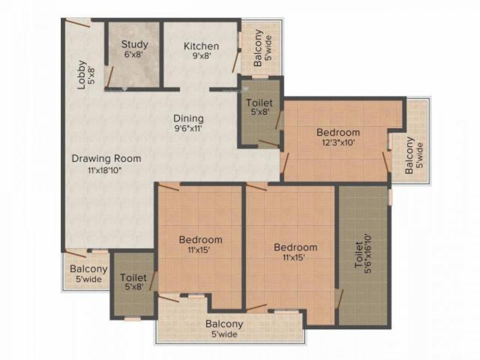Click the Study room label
[135, 44]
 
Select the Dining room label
[188, 118]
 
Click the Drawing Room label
[106, 158]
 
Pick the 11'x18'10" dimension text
[105, 170]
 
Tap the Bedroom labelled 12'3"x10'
[338, 132]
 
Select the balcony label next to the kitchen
[258, 48]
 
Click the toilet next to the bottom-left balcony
[134, 277]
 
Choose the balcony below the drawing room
[89, 269]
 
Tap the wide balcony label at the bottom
[224, 324]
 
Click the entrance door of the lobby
[78, 23]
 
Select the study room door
[109, 76]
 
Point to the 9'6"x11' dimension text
[188, 129]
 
